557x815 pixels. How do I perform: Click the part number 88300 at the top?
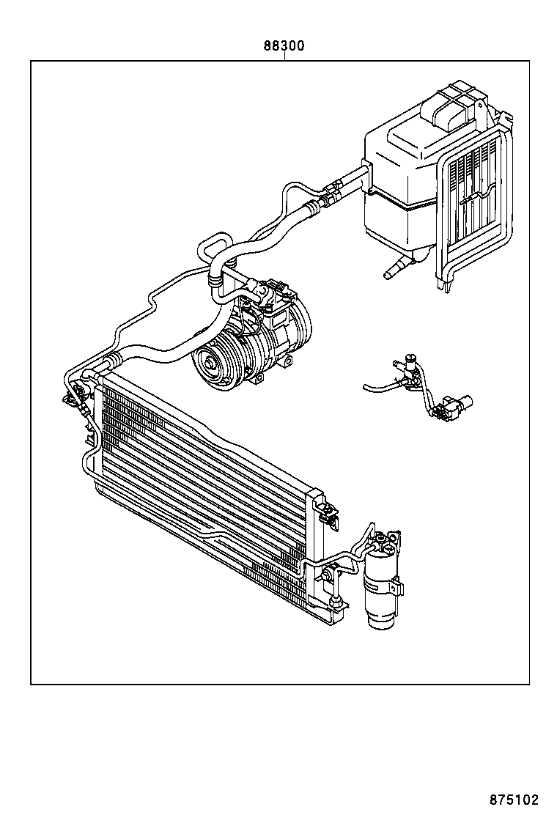(x=284, y=45)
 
